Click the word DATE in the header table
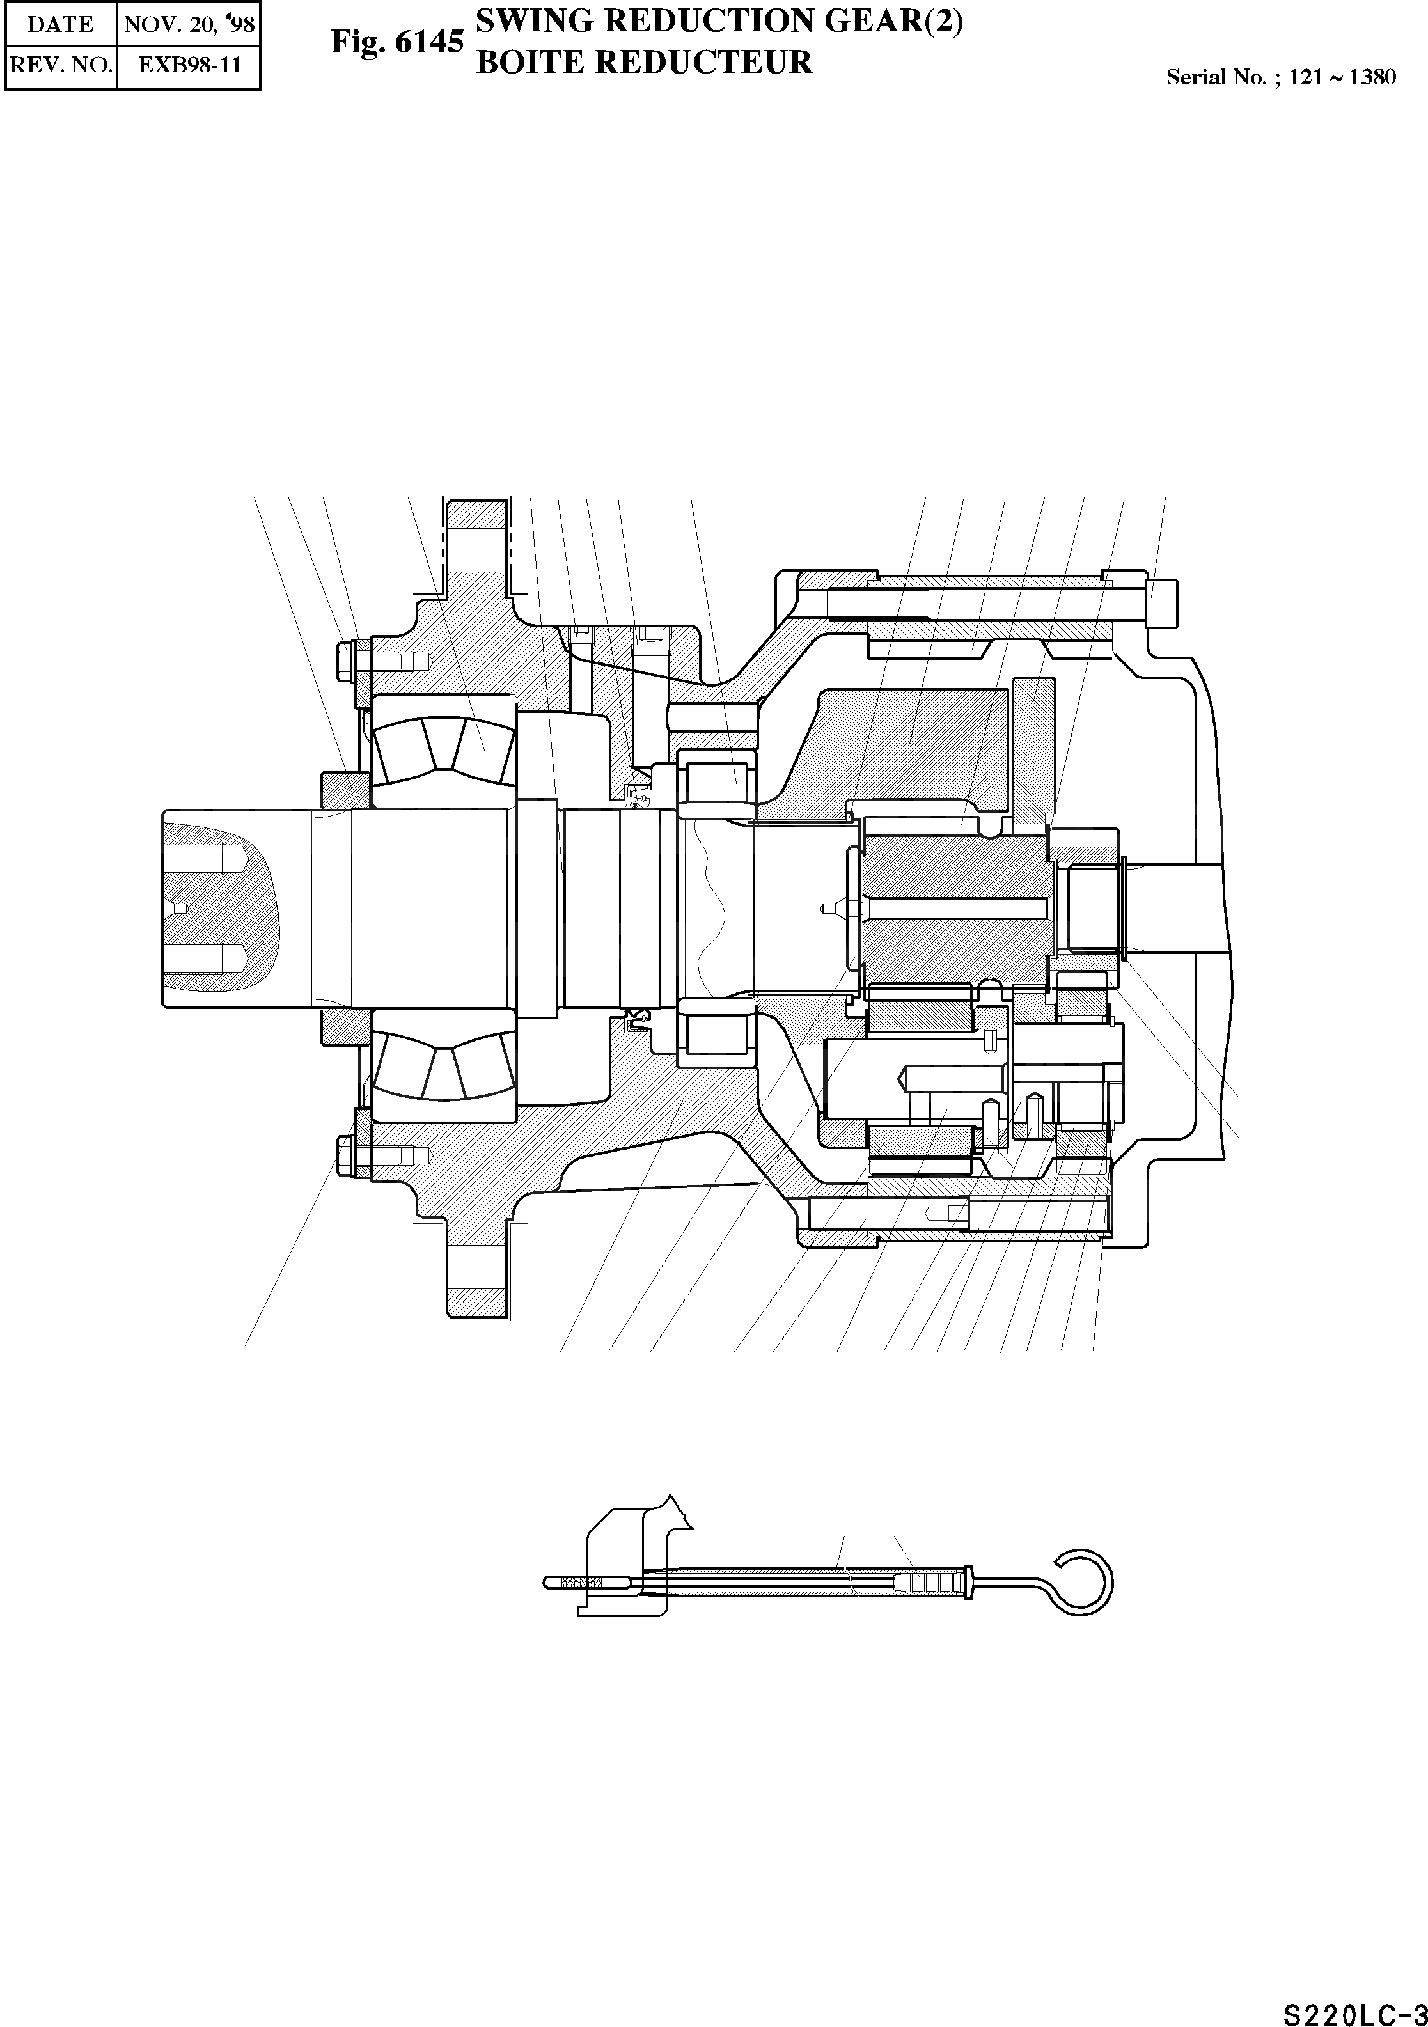[x=60, y=24]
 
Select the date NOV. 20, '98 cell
[x=189, y=24]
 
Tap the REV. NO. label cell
[x=60, y=65]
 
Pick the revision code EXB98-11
[x=189, y=65]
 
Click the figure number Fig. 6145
[x=396, y=42]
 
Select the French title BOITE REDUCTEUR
[x=644, y=63]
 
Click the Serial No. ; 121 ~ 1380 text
[x=1280, y=77]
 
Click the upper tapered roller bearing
[x=441, y=747]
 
